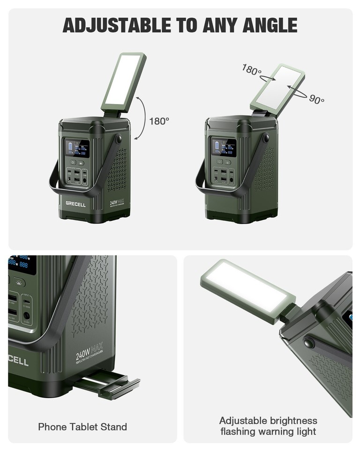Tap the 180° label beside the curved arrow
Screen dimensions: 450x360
coord(159,121)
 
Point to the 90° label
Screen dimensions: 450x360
coord(316,99)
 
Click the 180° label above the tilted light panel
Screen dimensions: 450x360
coord(252,70)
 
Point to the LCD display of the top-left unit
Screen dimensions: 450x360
coord(77,148)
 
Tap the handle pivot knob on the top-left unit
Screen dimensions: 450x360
coord(118,139)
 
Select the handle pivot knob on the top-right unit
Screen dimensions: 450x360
coord(266,138)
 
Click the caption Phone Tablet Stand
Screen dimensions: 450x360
coord(82,427)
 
